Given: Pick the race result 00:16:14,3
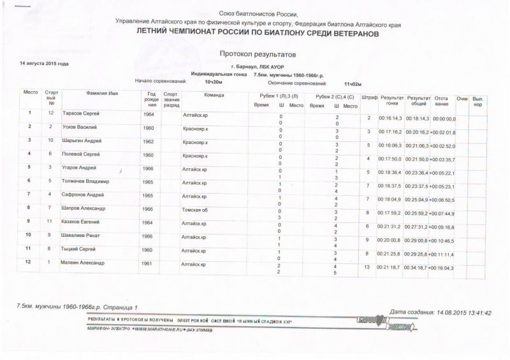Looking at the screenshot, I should (x=390, y=119).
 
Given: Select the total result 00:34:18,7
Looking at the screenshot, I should (x=418, y=268).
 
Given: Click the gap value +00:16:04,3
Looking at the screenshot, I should (x=444, y=268).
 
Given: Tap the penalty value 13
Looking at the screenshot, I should (x=367, y=268).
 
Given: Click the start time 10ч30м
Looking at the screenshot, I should (x=214, y=83).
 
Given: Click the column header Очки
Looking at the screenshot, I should (x=463, y=97).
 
